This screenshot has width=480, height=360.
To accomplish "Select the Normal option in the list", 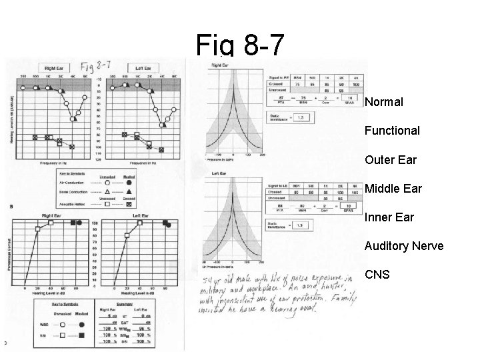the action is click(384, 103).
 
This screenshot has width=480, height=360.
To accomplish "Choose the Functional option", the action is click(392, 131).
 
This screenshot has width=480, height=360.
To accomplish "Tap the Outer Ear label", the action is click(390, 160).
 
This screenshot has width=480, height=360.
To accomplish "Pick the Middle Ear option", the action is click(393, 189).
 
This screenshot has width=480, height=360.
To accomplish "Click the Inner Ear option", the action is click(389, 217).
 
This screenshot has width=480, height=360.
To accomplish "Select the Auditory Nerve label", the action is click(403, 246).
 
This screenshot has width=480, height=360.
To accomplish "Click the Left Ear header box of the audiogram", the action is click(142, 67).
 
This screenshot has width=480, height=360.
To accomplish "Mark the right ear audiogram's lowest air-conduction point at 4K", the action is click(73, 119).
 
